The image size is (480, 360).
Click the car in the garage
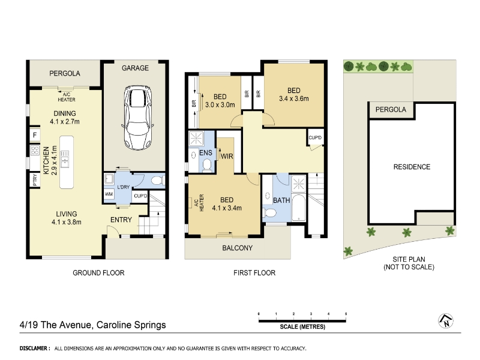coord(138,117)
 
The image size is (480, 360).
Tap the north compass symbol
coord(446,321)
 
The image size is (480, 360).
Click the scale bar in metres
coord(302,321)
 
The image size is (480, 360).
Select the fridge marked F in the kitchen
coord(35,135)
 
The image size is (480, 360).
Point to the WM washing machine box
coord(109,194)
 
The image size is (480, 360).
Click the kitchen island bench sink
coord(65,159)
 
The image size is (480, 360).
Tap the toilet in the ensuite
coord(207,164)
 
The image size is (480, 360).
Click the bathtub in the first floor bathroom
coord(298,207)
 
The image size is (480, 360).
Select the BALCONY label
coord(237,248)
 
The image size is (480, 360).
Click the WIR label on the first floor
coord(227,156)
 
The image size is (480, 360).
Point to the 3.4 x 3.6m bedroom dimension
coord(294,98)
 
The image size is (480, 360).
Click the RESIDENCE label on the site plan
coord(412,167)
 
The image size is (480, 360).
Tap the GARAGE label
coord(135,68)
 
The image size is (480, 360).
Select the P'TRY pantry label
coord(35,179)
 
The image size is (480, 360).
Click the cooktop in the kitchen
coord(35,150)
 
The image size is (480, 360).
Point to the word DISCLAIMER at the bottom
coord(34,348)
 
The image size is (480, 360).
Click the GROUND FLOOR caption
coord(98,273)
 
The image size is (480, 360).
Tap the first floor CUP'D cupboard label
coord(315,138)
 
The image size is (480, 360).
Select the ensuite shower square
coord(196,139)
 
